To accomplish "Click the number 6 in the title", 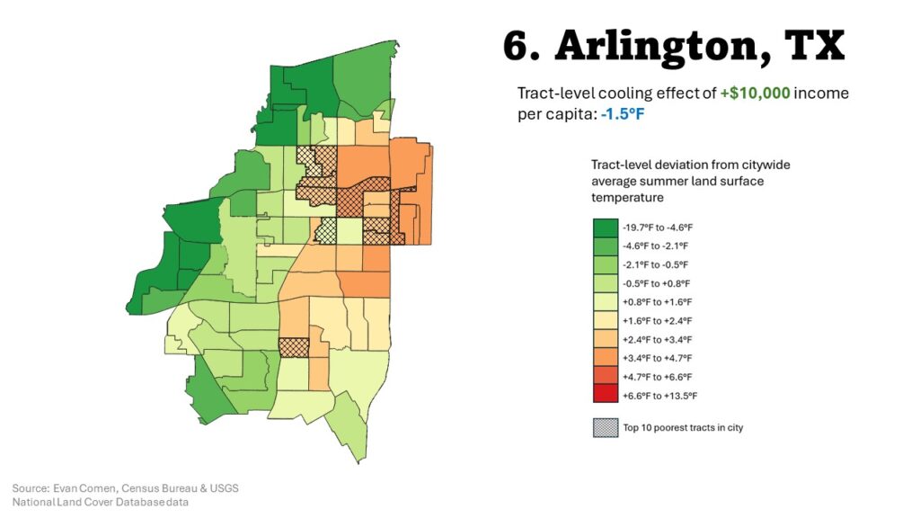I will (x=518, y=45).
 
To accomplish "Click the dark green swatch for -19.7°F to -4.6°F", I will (x=605, y=228).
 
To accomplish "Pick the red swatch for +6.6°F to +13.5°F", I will (x=605, y=395).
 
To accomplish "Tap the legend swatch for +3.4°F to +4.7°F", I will (x=605, y=358).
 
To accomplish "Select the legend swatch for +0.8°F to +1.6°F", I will (x=605, y=302).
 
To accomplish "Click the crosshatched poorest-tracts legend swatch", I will (x=605, y=427).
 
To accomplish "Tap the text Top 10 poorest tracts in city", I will (x=683, y=428).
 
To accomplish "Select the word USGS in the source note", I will (x=224, y=488).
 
